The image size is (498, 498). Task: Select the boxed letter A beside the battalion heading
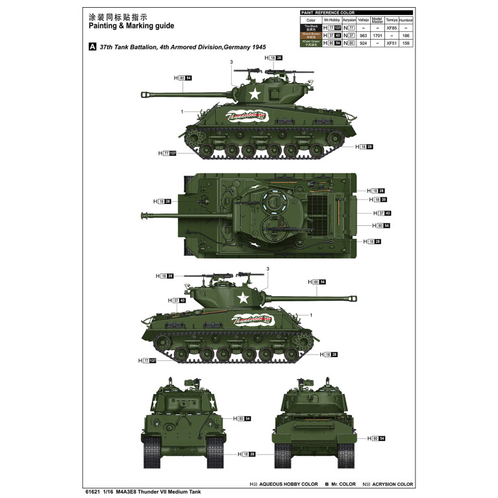92,47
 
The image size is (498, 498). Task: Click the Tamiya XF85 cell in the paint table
391,29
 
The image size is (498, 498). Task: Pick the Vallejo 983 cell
363,36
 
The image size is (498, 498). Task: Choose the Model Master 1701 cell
377,36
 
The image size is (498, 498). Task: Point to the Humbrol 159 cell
406,44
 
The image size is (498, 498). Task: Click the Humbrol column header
406,20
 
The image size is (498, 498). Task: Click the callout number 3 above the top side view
231,62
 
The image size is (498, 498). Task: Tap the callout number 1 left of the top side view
182,112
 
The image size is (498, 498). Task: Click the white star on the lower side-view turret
243,298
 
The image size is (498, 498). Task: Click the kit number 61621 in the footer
93,492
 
